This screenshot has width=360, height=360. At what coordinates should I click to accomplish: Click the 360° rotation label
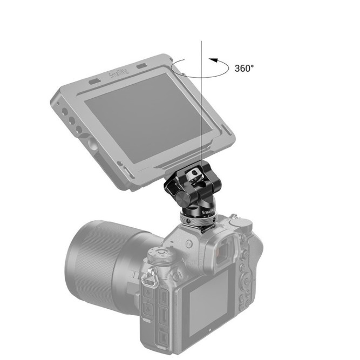click(x=244, y=69)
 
